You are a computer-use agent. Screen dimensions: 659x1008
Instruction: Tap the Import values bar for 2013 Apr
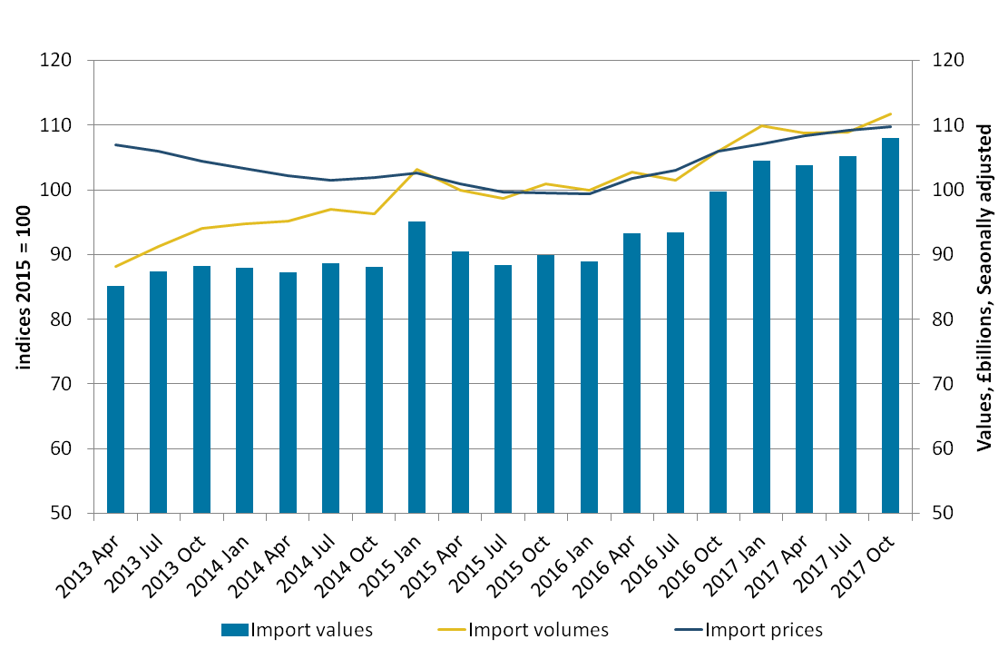point(115,399)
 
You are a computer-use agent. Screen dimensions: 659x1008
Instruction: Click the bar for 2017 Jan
point(761,337)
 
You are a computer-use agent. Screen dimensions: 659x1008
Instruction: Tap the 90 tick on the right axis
point(939,255)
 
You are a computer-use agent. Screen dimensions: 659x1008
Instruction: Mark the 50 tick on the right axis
point(939,514)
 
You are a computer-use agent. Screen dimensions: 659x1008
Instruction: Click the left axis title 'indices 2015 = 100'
point(24,286)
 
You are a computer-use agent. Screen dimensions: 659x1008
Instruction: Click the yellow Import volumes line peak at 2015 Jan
point(416,170)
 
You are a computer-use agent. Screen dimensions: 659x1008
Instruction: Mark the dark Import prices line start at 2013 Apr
point(115,144)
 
